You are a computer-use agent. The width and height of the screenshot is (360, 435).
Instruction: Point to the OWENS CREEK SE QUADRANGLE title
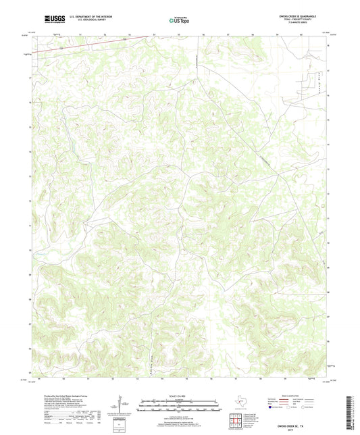pos(298,14)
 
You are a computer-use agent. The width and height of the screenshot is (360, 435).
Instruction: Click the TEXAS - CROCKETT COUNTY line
pos(298,18)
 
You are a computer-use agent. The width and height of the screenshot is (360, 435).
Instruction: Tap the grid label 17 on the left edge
pos(29,77)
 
